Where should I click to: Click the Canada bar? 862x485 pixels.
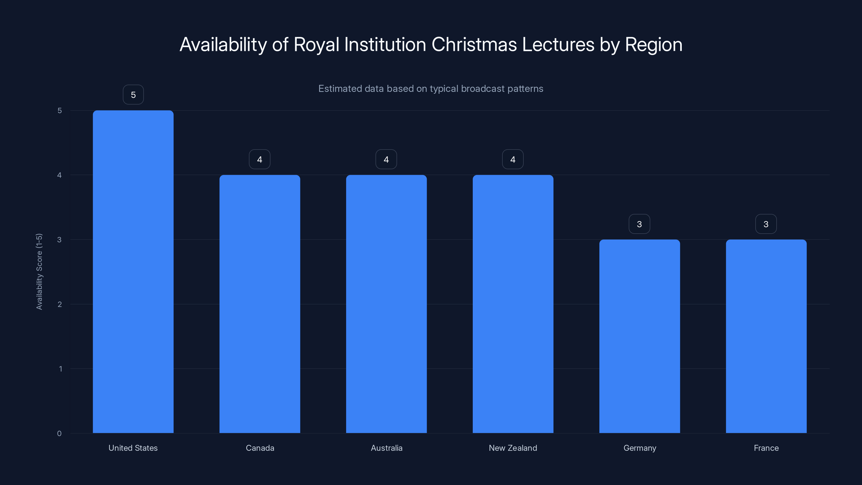point(260,304)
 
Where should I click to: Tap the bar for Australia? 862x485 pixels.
point(386,304)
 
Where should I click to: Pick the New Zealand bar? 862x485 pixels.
point(513,304)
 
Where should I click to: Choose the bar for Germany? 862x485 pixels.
point(639,336)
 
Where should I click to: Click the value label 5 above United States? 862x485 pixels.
point(133,95)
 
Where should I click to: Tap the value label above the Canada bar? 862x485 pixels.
point(260,159)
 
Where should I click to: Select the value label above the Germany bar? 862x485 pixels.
point(639,224)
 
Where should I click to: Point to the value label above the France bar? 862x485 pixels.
point(766,224)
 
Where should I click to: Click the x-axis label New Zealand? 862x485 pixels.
point(513,448)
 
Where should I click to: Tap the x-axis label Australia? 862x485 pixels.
point(387,448)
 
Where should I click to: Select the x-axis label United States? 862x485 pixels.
point(133,448)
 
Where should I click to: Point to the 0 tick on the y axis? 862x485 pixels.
point(59,434)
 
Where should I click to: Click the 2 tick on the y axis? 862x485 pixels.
point(60,304)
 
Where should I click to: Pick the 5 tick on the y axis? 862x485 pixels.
point(60,110)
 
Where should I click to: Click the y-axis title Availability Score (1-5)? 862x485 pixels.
point(39,271)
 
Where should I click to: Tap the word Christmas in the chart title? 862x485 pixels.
point(474,44)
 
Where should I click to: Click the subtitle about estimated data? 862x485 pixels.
point(431,89)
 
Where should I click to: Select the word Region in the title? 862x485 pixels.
point(654,44)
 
